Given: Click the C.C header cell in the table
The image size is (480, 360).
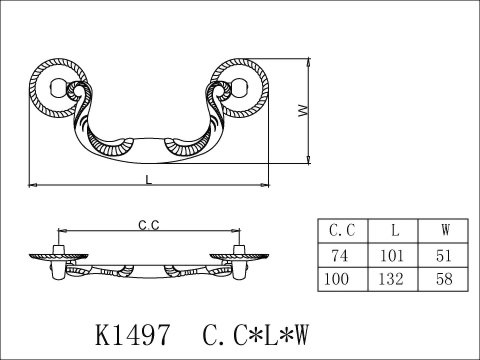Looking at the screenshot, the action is pos(343,231).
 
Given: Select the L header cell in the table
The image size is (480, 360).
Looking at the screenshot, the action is pos(393,231).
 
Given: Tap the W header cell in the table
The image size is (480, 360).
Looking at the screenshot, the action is pos(443,231).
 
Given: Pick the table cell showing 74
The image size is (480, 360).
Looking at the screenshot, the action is pos(343,255).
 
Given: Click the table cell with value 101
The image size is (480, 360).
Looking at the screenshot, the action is pos(393,255).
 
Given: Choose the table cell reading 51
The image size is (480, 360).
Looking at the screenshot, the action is pos(443,255).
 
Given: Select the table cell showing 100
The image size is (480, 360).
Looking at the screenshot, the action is pos(343,279).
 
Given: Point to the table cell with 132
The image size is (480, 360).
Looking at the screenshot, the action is pos(393,279).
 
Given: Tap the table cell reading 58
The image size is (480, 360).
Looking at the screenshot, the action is pos(443,279).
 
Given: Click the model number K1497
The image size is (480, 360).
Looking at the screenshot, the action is pos(133,335).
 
